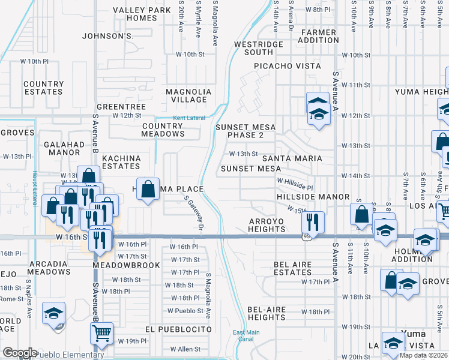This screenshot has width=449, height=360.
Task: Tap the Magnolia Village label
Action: point(188,95)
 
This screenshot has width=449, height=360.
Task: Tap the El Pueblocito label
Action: point(178,329)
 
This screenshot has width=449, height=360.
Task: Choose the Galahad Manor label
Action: point(64,149)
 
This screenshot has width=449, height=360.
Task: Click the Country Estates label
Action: point(43,88)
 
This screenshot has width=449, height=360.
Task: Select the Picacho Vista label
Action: point(287,66)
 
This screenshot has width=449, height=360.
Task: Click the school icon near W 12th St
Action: point(318,109)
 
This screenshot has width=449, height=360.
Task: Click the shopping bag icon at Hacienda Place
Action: point(148,189)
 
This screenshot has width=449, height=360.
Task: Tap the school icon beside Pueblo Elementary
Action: point(53,314)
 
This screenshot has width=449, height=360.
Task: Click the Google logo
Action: point(20,353)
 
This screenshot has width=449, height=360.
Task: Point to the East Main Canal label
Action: point(246,335)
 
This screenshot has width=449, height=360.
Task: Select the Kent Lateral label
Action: point(189,118)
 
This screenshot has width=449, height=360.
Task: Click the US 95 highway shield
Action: point(306,236)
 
